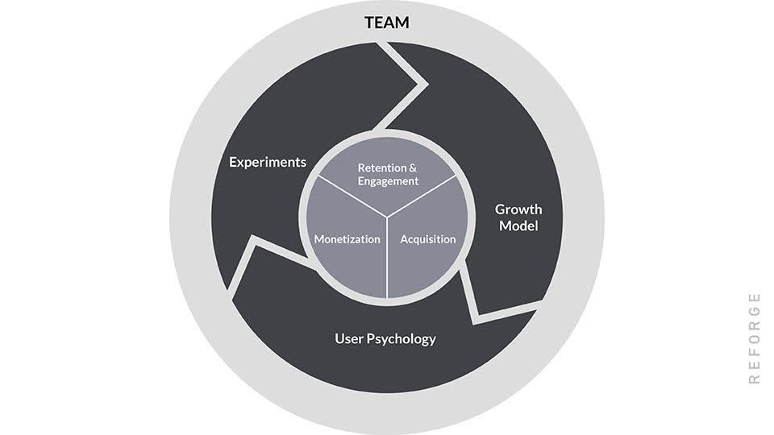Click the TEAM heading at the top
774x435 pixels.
[x=387, y=23]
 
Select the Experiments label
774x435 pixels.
[x=268, y=162]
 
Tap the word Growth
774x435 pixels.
[x=518, y=209]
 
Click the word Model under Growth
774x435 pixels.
[x=518, y=226]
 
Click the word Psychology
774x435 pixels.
[x=402, y=339]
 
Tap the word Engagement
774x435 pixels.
[x=389, y=181]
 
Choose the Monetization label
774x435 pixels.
[x=347, y=239]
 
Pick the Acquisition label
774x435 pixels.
[x=427, y=239]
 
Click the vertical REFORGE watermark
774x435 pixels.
[x=755, y=338]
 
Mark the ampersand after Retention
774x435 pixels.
[x=413, y=168]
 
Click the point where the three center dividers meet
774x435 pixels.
[x=388, y=216]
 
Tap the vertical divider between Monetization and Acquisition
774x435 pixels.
[x=388, y=258]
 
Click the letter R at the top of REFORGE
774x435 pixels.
[x=755, y=379]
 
